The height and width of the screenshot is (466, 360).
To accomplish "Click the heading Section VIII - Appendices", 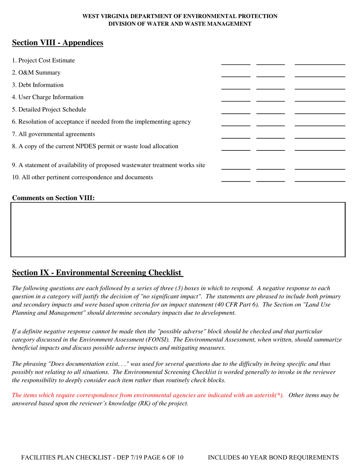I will click(58, 43).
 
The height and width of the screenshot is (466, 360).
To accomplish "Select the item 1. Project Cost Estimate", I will click(43, 61).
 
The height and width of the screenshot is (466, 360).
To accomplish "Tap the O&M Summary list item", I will click(36, 73).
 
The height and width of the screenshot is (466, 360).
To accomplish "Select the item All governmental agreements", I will click(53, 134).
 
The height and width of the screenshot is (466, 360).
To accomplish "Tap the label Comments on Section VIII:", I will click(53, 198).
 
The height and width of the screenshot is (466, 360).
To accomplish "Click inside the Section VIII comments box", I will click(178, 230).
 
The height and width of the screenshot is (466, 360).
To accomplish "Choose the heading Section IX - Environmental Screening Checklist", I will click(97, 273).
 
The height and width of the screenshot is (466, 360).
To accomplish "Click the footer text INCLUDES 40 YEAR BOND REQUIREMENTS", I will click(273, 457).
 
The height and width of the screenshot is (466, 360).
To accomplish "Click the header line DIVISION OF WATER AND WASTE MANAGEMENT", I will click(180, 23).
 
